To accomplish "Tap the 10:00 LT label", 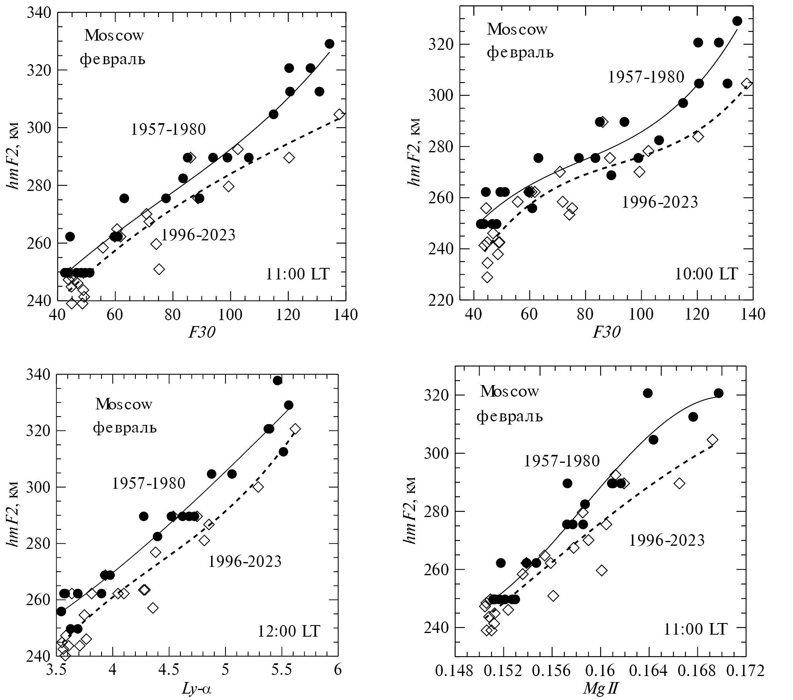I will (x=705, y=274).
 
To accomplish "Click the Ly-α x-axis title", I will (x=196, y=689).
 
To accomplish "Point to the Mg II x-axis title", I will (x=600, y=688).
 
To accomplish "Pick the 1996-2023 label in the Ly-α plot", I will (x=245, y=562).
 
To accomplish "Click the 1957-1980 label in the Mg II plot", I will (x=562, y=461).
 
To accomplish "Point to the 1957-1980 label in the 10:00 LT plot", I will (x=646, y=77).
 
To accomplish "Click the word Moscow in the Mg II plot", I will (x=509, y=391).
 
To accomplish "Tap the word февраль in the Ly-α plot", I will (x=125, y=429).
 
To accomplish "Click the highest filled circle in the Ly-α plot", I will (x=278, y=380).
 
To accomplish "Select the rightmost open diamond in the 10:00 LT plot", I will (x=747, y=84).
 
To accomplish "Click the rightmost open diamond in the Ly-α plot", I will (x=295, y=429).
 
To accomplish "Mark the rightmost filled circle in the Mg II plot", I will (x=719, y=393).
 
